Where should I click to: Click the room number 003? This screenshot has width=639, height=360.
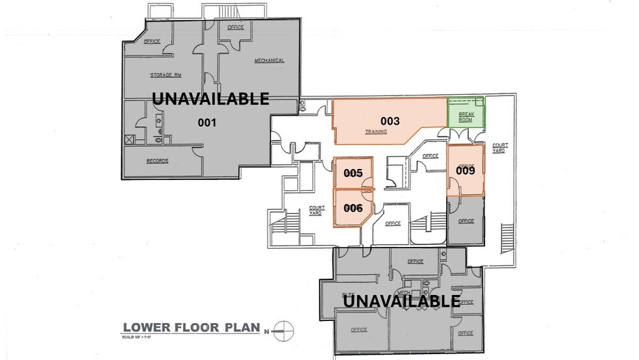pyautogui.click(x=390, y=121)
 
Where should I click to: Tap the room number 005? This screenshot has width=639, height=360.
pyautogui.click(x=353, y=173)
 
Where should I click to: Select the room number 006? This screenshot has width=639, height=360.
pyautogui.click(x=353, y=208)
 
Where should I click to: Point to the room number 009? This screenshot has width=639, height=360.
pyautogui.click(x=466, y=170)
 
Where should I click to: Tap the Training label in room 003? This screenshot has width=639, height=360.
pyautogui.click(x=375, y=132)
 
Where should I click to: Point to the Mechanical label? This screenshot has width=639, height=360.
pyautogui.click(x=269, y=60)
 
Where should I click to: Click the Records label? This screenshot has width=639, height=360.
pyautogui.click(x=157, y=161)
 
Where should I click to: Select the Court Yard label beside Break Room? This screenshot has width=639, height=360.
pyautogui.click(x=499, y=148)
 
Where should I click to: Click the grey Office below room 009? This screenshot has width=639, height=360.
pyautogui.click(x=466, y=221)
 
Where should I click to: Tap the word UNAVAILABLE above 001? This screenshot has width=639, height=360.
pyautogui.click(x=210, y=98)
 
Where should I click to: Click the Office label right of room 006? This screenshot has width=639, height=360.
pyautogui.click(x=393, y=224)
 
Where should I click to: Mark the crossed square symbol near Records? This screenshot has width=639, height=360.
pyautogui.click(x=129, y=139)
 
